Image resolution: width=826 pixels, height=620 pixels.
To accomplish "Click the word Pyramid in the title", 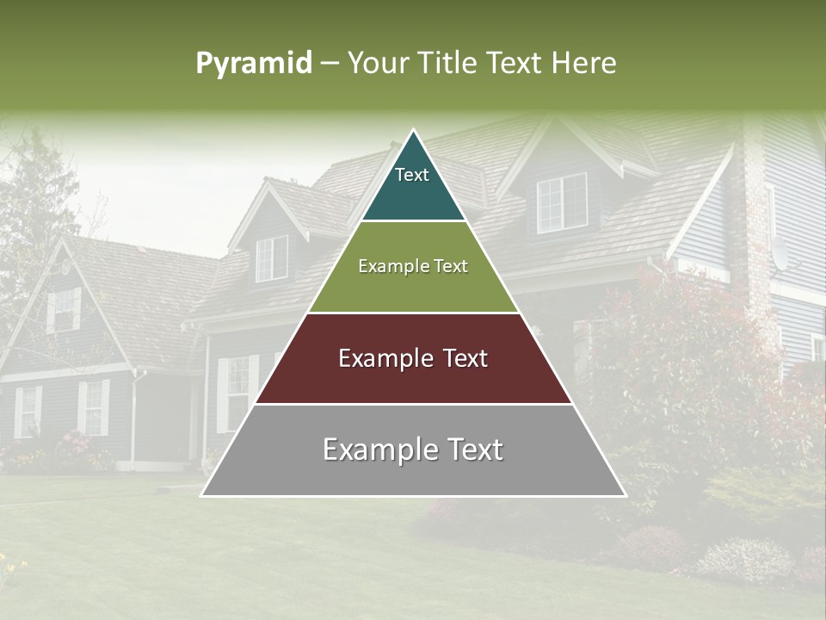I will (x=253, y=64).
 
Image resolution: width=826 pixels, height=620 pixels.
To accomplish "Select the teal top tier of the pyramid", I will (x=413, y=194).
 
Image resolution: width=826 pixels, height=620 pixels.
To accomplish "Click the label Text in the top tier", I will (x=412, y=175).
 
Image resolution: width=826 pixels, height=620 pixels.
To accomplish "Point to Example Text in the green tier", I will (x=413, y=266).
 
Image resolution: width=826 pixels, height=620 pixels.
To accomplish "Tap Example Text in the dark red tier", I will (x=413, y=358).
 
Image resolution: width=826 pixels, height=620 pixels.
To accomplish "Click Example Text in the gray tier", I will (x=413, y=449).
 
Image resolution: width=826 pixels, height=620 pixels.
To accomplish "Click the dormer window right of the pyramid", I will (x=561, y=202).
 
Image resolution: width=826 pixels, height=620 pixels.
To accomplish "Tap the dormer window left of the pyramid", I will (x=271, y=258).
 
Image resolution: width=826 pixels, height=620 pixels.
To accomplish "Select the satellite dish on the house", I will (x=780, y=253).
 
